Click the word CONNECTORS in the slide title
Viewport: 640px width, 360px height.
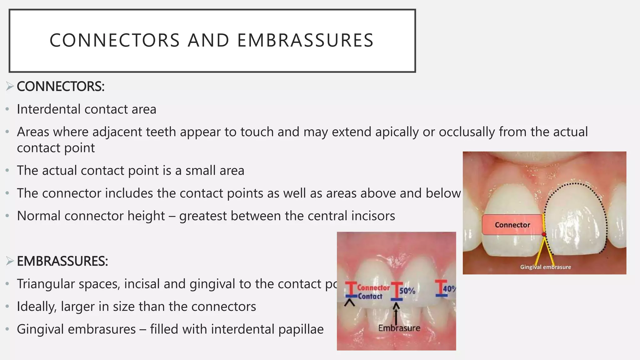tap(115, 41)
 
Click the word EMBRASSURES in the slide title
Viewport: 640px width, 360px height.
tap(305, 41)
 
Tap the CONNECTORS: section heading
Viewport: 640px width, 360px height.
tap(61, 87)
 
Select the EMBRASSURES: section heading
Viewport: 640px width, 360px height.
tap(62, 261)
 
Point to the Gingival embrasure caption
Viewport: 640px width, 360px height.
tap(545, 267)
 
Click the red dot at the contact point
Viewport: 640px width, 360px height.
tap(544, 234)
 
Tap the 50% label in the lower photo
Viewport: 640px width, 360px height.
tap(407, 291)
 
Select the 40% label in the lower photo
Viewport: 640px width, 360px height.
tap(449, 289)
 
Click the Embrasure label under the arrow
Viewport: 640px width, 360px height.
tap(399, 328)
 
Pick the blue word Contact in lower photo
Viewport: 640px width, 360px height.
tap(370, 296)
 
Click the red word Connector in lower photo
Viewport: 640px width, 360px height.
tap(373, 288)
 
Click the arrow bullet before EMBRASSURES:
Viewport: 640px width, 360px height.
tap(10, 261)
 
